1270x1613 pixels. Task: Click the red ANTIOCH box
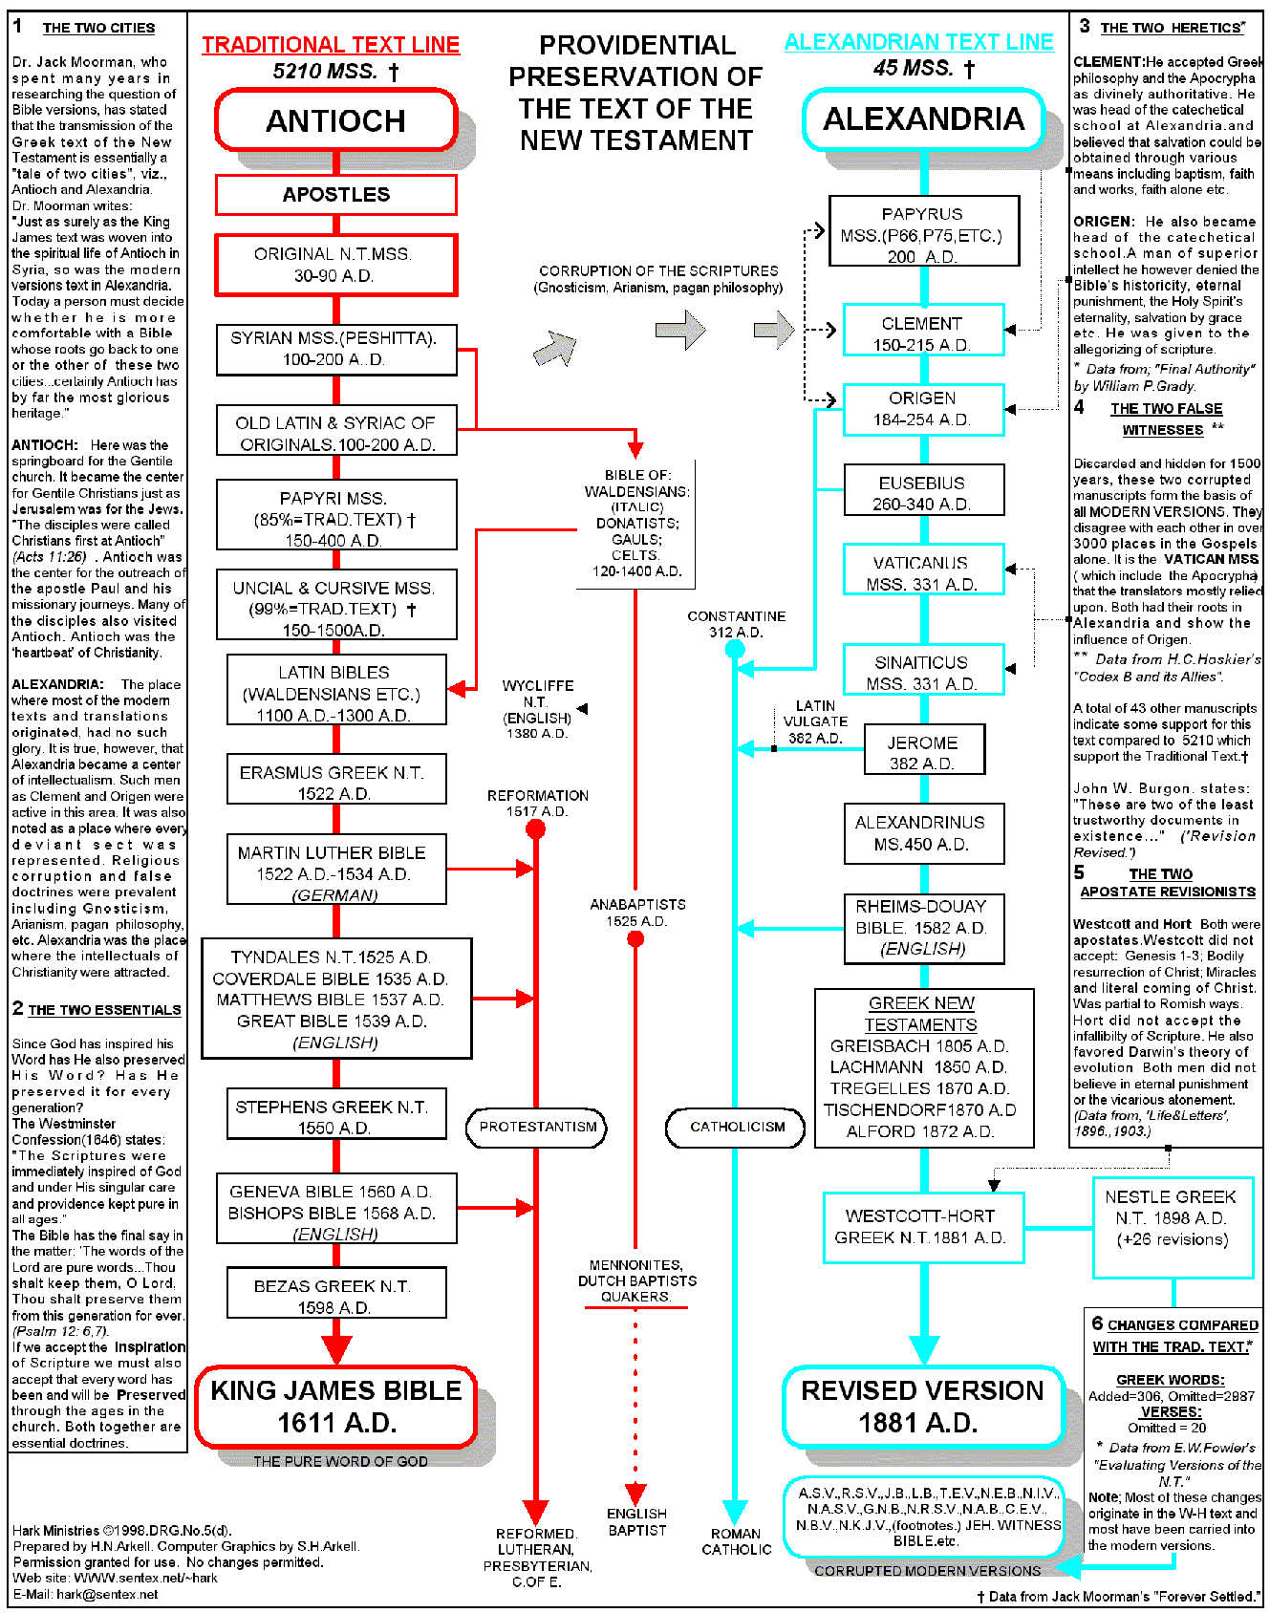pos(336,120)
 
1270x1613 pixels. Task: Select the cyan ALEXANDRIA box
pos(923,119)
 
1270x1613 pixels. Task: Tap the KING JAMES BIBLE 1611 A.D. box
pos(336,1407)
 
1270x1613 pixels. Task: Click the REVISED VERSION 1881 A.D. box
pos(922,1407)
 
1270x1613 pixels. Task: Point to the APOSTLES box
pos(336,195)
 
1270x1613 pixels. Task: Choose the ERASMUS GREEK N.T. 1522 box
pos(336,782)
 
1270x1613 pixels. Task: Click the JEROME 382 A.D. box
pos(923,752)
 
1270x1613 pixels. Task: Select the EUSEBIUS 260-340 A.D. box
pos(923,492)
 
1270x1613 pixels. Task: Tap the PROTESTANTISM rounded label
pos(537,1128)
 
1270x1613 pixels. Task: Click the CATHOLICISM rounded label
pos(737,1128)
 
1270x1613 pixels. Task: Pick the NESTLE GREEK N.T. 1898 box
pos(1172,1228)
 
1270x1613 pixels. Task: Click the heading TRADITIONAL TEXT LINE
pos(331,45)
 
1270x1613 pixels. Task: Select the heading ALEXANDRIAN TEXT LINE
pos(919,42)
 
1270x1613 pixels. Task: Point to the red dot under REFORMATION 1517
pos(536,828)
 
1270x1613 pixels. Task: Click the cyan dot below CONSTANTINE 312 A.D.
pos(735,650)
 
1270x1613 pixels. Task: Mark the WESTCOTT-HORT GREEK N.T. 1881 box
pos(923,1227)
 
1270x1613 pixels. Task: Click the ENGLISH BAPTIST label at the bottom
pos(637,1521)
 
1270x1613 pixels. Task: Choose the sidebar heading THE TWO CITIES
pos(98,28)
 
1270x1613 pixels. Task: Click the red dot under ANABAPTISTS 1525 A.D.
pos(635,939)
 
